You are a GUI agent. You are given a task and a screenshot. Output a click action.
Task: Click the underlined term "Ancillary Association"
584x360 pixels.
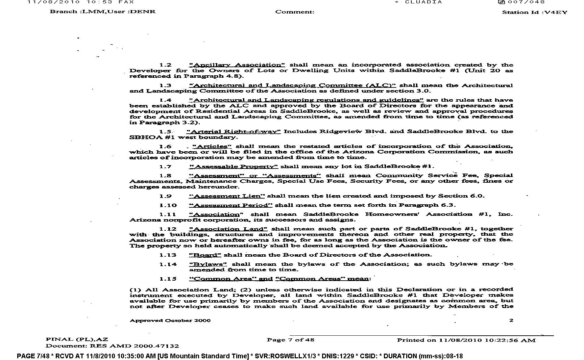point(237,65)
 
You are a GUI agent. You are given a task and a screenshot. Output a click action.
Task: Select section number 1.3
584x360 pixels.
point(165,85)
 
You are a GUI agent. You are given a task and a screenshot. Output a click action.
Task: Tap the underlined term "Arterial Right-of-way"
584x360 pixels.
point(233,131)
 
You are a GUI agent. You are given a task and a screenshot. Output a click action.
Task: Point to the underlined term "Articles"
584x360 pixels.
point(212,146)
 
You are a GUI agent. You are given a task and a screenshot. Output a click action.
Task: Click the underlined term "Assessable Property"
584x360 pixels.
point(233,166)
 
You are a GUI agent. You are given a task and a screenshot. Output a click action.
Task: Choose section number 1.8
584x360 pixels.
point(165,176)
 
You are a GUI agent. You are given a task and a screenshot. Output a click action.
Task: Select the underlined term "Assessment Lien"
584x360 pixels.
point(227,196)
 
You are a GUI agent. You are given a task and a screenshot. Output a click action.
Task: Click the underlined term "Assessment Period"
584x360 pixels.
point(230,205)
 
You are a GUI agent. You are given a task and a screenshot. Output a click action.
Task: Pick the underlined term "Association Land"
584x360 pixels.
point(228,229)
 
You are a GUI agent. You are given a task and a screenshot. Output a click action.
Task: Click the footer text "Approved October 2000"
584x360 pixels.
point(170,320)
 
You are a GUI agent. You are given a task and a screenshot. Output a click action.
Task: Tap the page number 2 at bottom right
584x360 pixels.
point(511,320)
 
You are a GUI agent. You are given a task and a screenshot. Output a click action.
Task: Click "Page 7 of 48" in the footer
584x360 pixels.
point(290,340)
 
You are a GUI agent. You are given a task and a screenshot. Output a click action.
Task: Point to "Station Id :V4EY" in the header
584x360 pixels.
point(534,12)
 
